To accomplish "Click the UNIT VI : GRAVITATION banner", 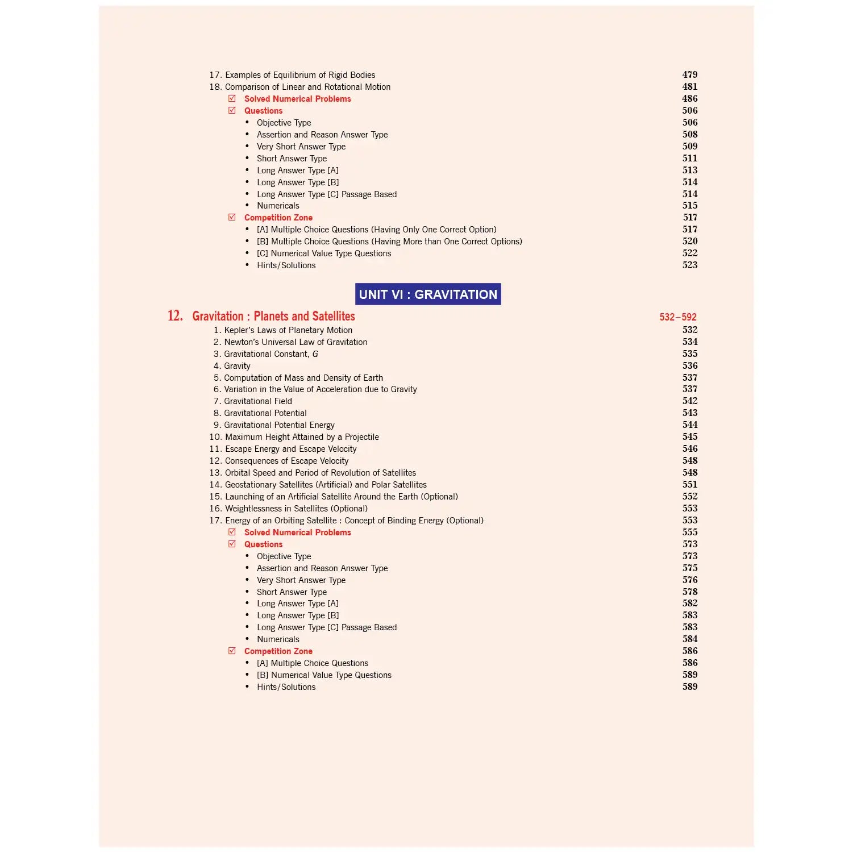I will tap(428, 294).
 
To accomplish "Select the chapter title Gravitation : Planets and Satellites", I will tap(273, 316).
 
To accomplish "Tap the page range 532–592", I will tap(677, 317).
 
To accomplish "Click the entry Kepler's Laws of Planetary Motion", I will tap(288, 330).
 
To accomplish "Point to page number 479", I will tap(689, 74).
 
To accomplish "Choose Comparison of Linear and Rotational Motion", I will tap(307, 87).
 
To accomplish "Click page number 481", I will tap(689, 86).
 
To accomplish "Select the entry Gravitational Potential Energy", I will tap(279, 425).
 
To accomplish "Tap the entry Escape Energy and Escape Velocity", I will tap(290, 449).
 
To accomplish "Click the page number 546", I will tap(689, 448).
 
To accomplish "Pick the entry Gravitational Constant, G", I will tap(271, 354).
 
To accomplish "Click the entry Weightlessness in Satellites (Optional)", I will tap(296, 509).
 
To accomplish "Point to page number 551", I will tap(689, 484).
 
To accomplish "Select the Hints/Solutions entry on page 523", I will tap(286, 265).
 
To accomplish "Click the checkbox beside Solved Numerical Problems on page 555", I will tap(232, 532).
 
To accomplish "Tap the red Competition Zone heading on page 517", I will tap(278, 218).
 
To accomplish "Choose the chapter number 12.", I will tap(175, 316).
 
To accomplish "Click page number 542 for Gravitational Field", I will tap(689, 401).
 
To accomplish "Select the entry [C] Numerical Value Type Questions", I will tap(323, 253).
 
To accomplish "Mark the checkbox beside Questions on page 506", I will tap(232, 110).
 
